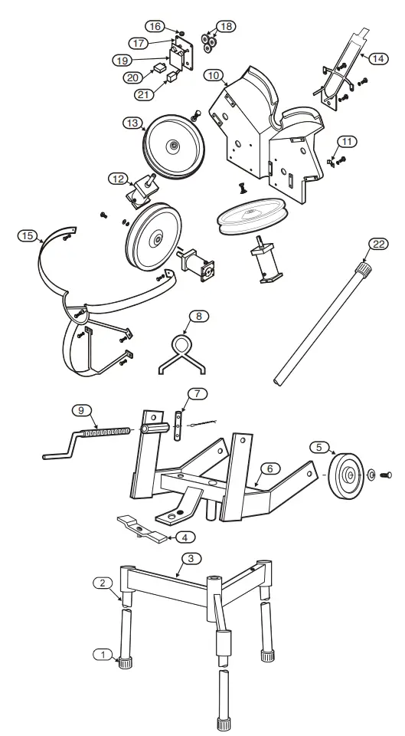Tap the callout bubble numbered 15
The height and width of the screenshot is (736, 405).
pyautogui.click(x=27, y=236)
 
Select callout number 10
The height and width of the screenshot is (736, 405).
pyautogui.click(x=214, y=75)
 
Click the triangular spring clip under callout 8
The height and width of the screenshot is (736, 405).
pyautogui.click(x=185, y=353)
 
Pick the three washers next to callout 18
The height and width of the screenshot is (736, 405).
pyautogui.click(x=207, y=38)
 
